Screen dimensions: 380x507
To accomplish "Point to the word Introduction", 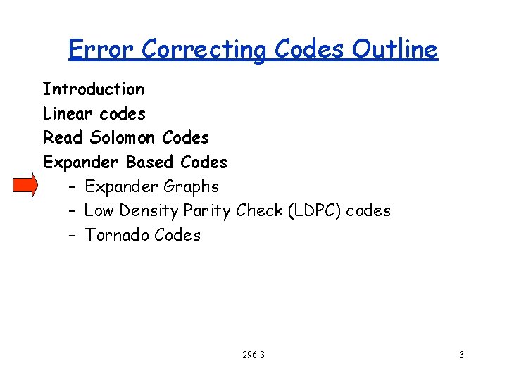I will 93,89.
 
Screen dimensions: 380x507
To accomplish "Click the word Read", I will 63,138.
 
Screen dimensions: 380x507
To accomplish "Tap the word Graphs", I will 191,187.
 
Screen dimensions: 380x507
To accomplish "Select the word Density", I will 149,211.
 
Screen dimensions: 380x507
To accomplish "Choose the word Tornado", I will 116,236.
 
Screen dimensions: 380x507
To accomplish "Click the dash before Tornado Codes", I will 73,236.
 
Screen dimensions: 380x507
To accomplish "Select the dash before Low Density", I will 73,211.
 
